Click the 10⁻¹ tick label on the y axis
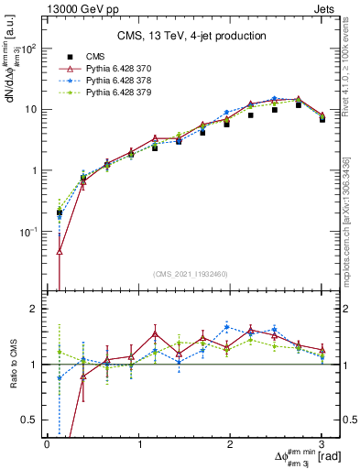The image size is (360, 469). [x=28, y=232]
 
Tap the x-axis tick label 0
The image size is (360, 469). [x=47, y=443]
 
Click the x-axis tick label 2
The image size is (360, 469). [x=230, y=443]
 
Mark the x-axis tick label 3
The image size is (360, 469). [x=322, y=443]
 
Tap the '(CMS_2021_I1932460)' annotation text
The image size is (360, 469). [x=191, y=275]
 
